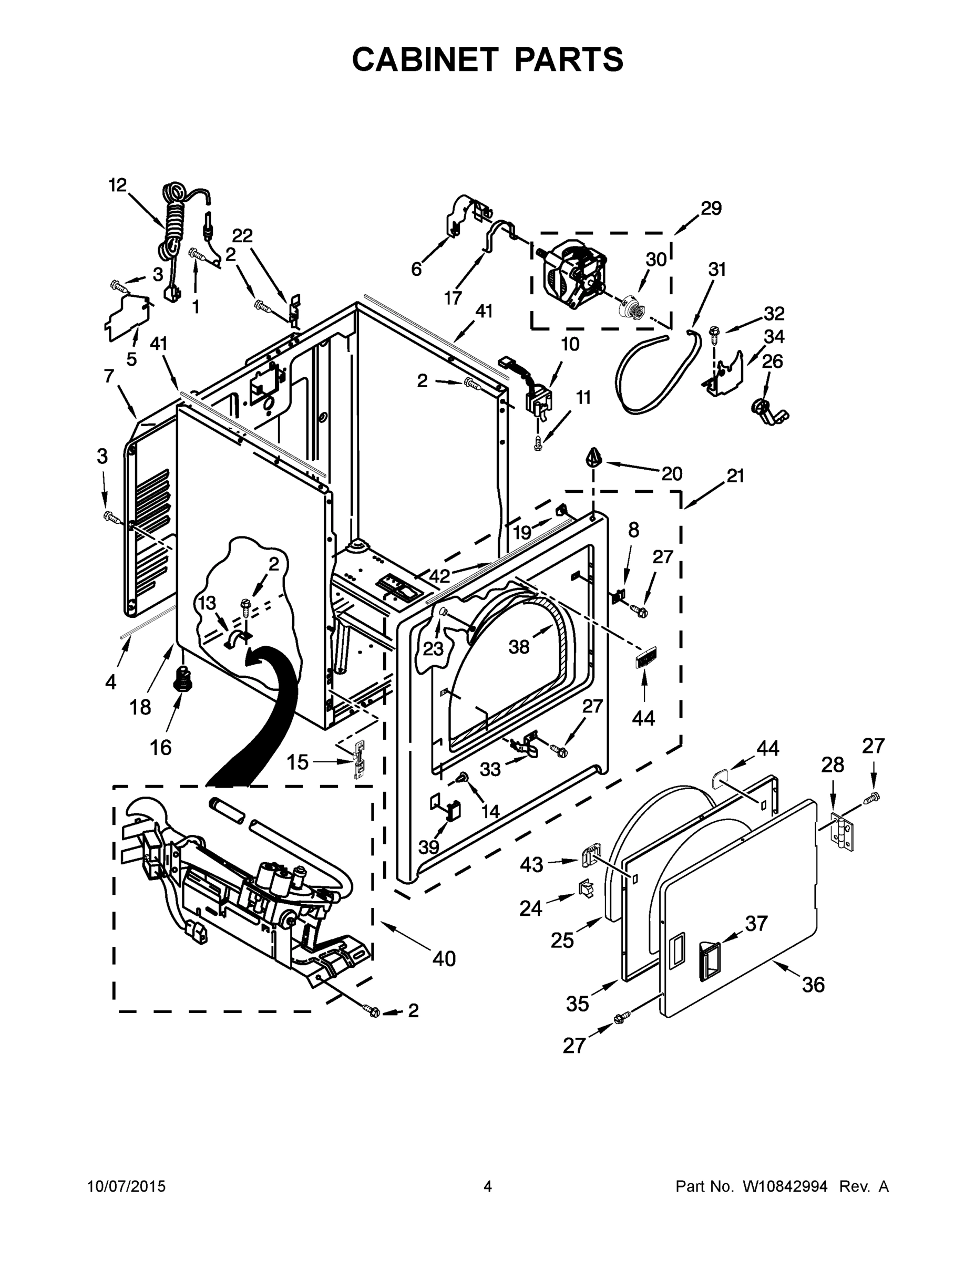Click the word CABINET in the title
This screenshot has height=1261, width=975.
pos(425,59)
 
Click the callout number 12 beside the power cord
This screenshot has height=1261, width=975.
pos(117,185)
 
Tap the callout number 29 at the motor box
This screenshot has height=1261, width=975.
pos(711,209)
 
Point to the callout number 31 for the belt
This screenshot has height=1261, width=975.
pos(717,270)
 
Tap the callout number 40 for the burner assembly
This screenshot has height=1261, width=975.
pos(444,959)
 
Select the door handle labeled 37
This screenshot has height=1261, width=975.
pos(709,959)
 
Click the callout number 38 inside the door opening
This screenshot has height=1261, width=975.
pos(519,647)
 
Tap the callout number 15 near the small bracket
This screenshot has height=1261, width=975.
pos(298,763)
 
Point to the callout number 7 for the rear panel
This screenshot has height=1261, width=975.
pos(109,376)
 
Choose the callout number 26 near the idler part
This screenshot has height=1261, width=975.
pos(772,361)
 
